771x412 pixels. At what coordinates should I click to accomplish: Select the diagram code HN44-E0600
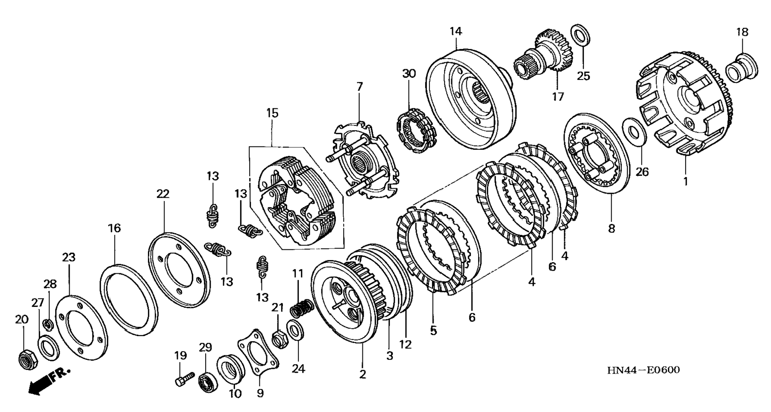(x=643, y=370)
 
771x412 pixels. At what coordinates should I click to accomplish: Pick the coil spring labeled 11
(x=303, y=308)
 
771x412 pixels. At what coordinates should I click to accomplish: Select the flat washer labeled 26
(x=635, y=132)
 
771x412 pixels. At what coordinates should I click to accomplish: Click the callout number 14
(x=456, y=31)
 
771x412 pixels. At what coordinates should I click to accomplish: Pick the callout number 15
(x=272, y=113)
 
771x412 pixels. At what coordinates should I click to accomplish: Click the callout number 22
(x=163, y=194)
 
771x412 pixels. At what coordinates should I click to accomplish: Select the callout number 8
(x=612, y=228)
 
